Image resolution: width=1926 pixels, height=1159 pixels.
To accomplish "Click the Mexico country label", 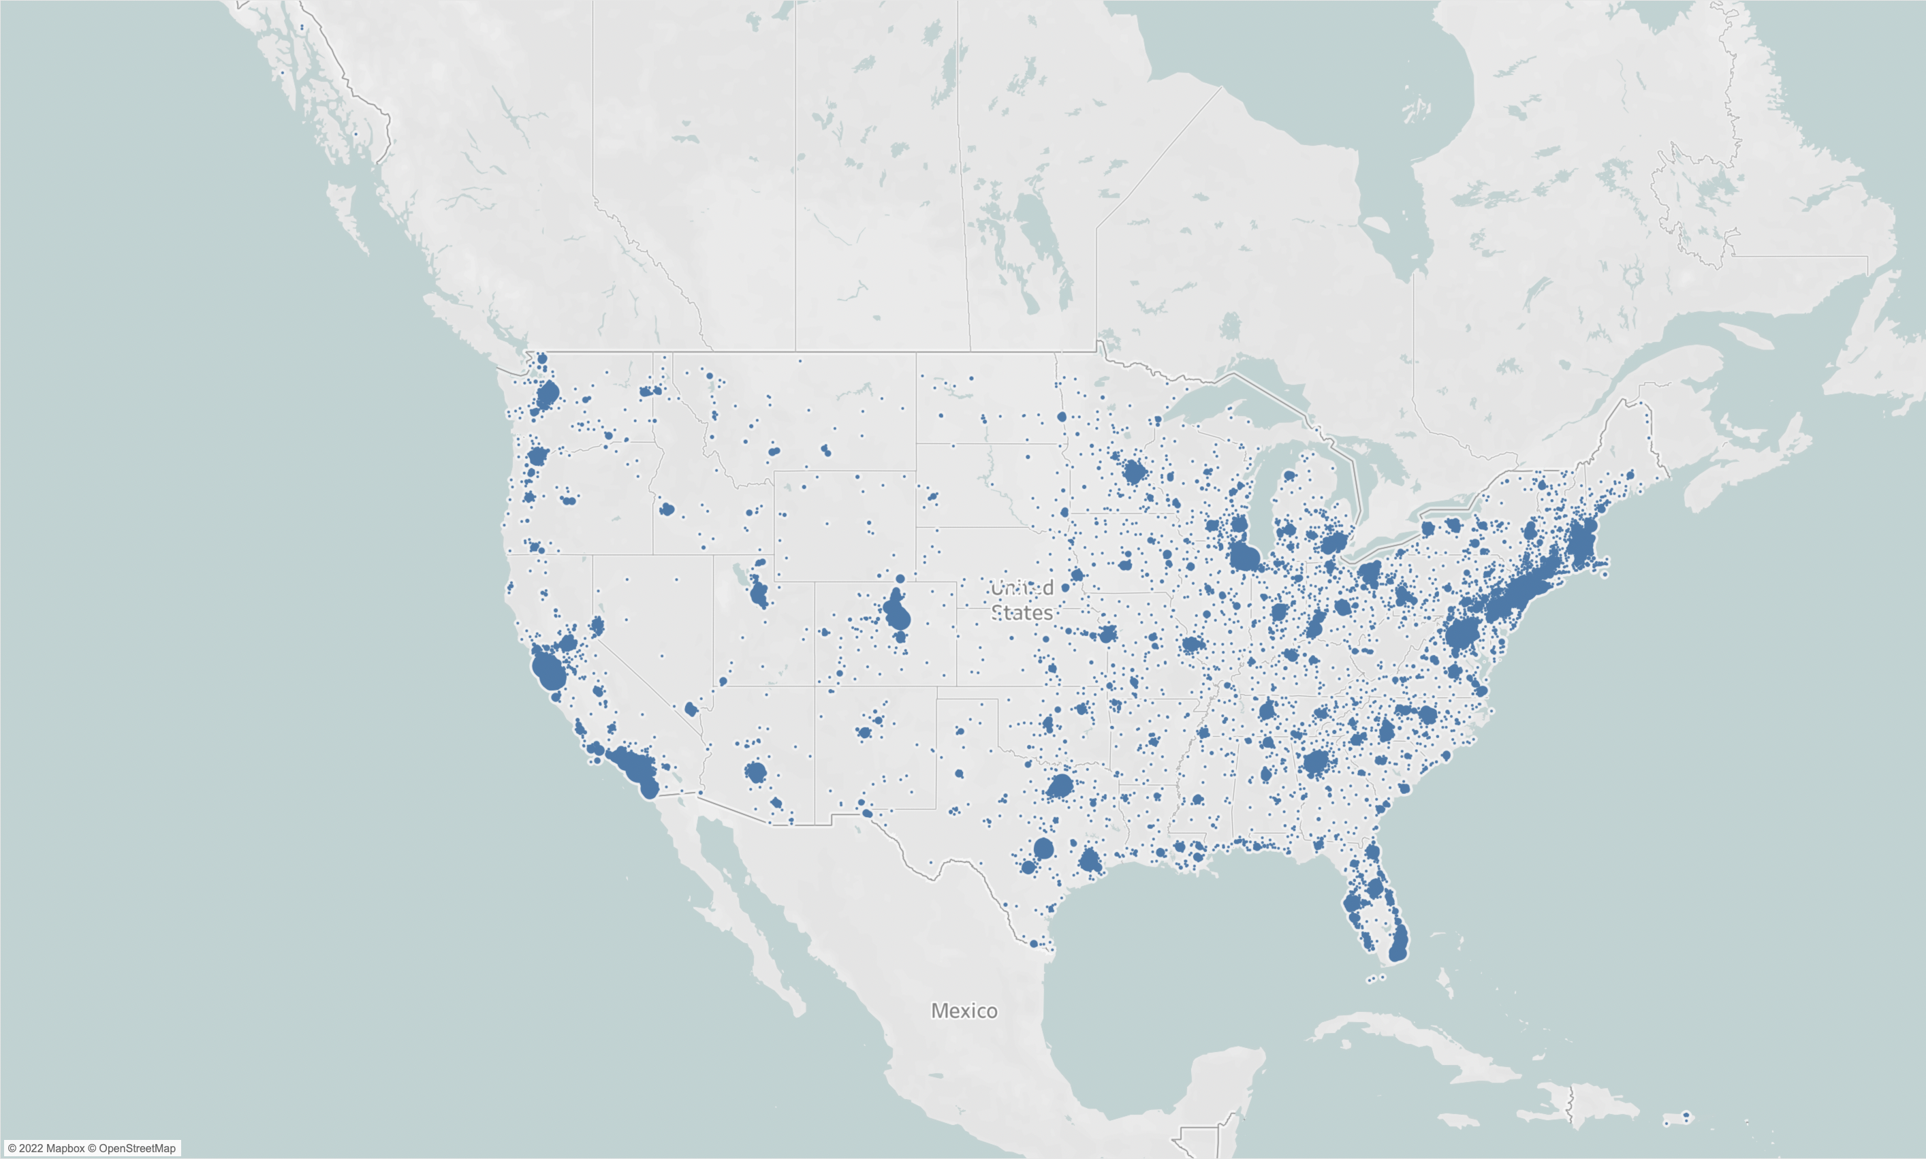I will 964,1011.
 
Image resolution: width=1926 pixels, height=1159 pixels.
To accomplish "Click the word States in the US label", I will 1022,613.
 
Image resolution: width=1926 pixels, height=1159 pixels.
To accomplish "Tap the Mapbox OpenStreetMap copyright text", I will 91,1148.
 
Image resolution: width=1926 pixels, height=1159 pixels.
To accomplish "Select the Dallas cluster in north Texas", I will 1060,785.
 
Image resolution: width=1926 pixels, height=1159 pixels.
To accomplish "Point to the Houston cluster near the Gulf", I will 1090,861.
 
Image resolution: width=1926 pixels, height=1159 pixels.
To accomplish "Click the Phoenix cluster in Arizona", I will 755,772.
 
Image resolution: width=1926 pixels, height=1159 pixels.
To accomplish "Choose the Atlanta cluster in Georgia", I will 1316,762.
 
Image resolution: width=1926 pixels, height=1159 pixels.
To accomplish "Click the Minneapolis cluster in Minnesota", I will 1134,472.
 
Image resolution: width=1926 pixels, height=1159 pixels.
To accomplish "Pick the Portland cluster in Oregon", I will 537,456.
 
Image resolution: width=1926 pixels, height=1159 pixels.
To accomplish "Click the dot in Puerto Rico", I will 1686,1115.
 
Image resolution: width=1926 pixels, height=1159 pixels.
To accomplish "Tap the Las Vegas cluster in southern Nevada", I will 691,709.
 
